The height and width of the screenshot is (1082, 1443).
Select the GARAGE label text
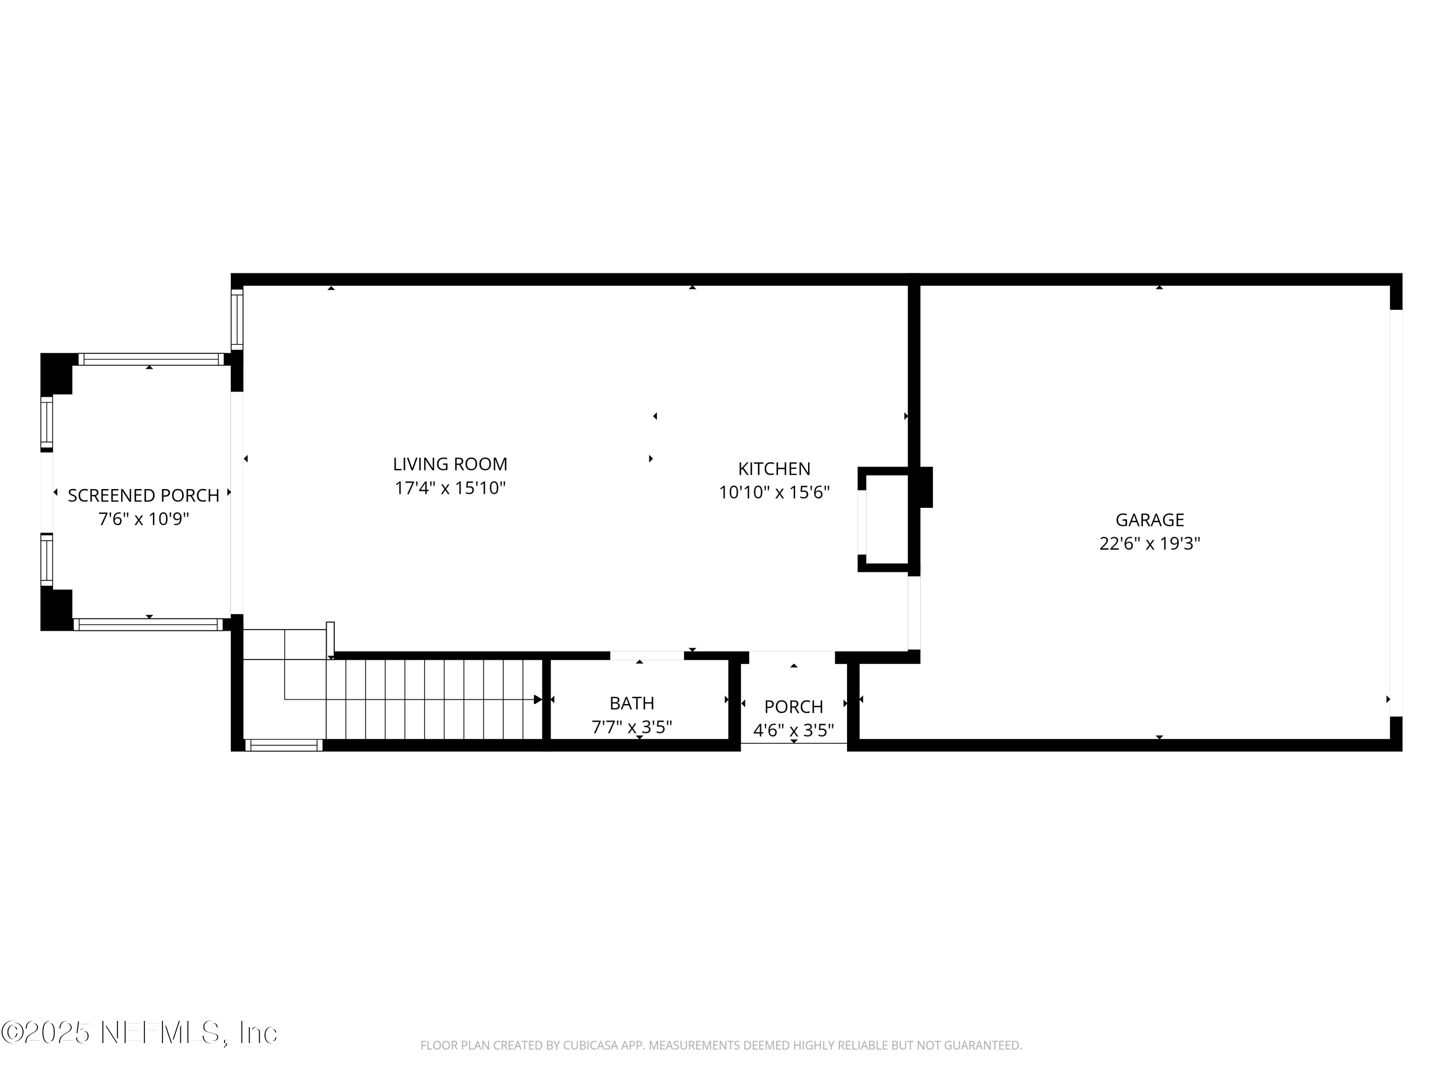1150,520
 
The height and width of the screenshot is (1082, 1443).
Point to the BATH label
632,703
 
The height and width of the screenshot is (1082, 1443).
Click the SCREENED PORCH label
143,496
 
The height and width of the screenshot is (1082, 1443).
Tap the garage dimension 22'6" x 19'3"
1150,543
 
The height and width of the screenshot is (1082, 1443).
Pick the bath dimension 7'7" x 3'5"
632,727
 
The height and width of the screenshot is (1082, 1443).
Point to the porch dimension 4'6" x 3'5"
793,730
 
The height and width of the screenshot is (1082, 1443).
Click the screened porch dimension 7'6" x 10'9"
143,519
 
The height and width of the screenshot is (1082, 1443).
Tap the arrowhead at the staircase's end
538,700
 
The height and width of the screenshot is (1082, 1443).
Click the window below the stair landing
284,745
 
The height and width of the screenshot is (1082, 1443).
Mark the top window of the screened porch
151,359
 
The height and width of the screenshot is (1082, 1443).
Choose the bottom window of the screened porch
148,624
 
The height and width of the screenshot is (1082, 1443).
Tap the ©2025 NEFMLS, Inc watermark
139,1032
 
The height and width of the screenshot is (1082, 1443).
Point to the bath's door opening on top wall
646,655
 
